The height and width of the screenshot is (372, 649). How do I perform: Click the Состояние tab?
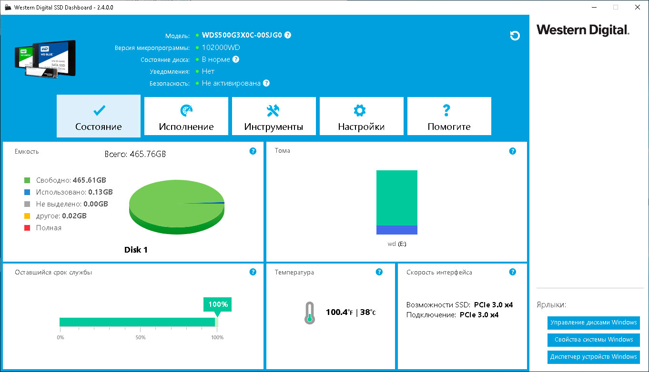(99, 116)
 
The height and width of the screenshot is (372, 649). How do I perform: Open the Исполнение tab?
(186, 116)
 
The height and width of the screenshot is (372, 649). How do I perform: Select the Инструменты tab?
(274, 116)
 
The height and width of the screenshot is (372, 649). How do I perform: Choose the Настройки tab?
(362, 116)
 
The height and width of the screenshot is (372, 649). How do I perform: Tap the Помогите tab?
(449, 116)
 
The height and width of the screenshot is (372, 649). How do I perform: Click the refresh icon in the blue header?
(515, 36)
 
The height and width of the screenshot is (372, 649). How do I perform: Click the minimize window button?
(594, 7)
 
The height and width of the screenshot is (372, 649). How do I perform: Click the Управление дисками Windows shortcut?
(594, 323)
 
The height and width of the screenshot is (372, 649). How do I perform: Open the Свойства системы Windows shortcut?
(594, 340)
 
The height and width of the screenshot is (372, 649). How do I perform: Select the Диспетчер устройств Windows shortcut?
(594, 357)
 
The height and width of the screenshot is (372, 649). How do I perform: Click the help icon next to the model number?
(288, 35)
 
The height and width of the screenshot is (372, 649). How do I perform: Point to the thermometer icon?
(310, 313)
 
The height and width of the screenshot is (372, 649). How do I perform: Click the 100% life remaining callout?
(218, 304)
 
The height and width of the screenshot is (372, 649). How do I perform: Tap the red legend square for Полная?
(27, 228)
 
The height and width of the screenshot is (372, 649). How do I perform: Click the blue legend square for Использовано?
(27, 192)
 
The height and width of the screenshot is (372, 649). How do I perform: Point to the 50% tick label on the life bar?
(141, 338)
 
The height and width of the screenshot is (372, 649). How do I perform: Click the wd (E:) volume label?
(397, 244)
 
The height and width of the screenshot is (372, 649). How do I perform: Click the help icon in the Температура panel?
(379, 272)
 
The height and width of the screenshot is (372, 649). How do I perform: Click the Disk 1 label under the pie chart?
(136, 250)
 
